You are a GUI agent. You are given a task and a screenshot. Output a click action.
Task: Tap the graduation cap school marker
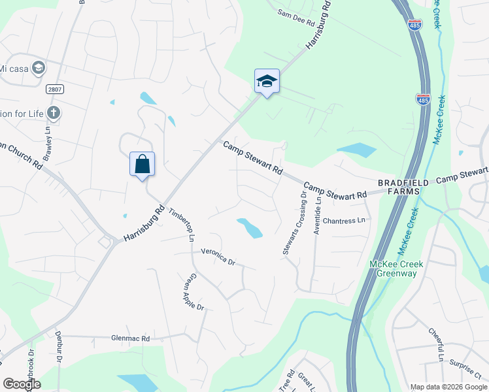coord(267,81)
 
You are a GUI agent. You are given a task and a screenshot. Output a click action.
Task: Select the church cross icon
coord(54,113)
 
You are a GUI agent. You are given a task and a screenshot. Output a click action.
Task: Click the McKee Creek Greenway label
coord(396,269)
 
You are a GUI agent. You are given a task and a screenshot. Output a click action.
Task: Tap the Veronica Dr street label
coord(217,255)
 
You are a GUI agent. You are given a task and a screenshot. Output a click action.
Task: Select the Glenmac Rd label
coord(131,338)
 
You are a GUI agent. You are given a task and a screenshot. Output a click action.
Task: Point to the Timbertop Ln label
coord(182,225)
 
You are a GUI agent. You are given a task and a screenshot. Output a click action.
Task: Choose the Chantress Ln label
coord(343,221)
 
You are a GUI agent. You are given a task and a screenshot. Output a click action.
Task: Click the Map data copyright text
coord(448,387)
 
